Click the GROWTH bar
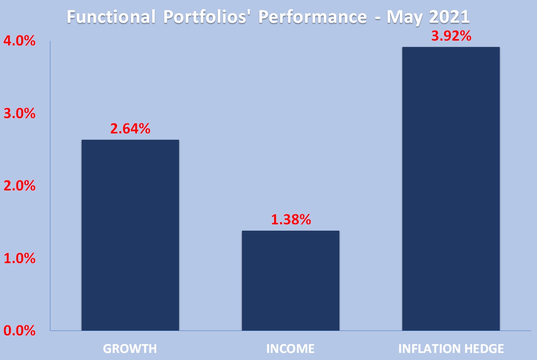(x=130, y=235)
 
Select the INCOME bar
(x=291, y=280)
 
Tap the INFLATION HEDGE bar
(x=451, y=189)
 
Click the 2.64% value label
(x=130, y=129)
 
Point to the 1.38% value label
(x=291, y=220)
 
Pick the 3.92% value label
(x=451, y=36)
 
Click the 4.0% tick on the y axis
(x=19, y=41)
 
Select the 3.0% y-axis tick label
(x=19, y=113)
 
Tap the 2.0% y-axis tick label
(x=19, y=186)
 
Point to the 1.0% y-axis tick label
(x=19, y=258)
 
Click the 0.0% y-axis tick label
(x=19, y=330)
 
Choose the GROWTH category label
(x=130, y=349)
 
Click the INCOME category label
(x=291, y=349)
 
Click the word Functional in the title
(x=111, y=17)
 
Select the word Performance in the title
(x=313, y=17)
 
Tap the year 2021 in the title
(x=449, y=17)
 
